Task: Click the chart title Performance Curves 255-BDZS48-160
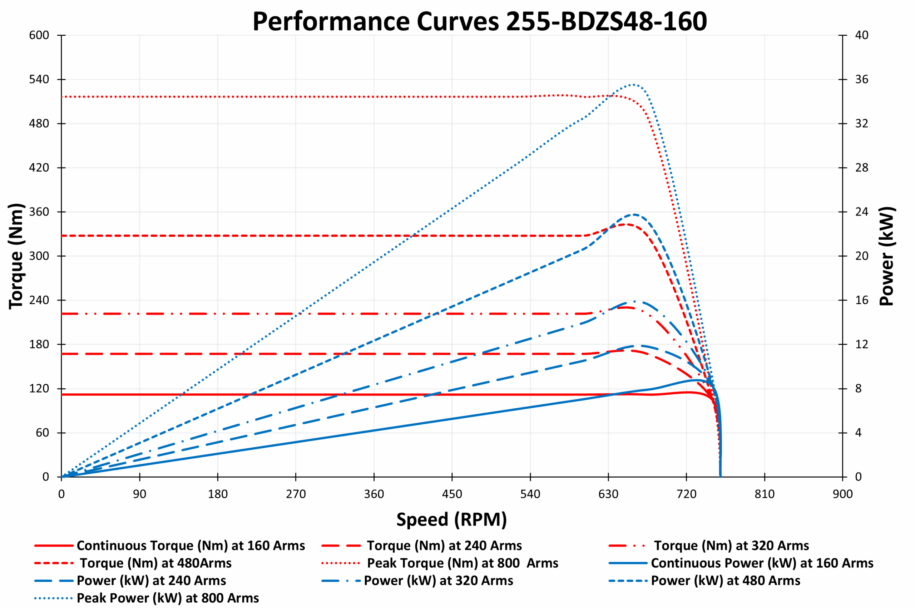click(479, 21)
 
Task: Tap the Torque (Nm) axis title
click(16, 256)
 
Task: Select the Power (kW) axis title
click(887, 256)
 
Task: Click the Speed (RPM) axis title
click(451, 520)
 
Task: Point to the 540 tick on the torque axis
click(39, 80)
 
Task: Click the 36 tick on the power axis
click(862, 80)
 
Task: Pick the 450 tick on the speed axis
click(452, 494)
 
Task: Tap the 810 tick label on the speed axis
click(764, 494)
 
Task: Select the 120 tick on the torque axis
click(39, 389)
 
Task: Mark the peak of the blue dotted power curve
click(633, 85)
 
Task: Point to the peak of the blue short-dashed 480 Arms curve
click(634, 214)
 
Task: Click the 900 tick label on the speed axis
click(842, 494)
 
